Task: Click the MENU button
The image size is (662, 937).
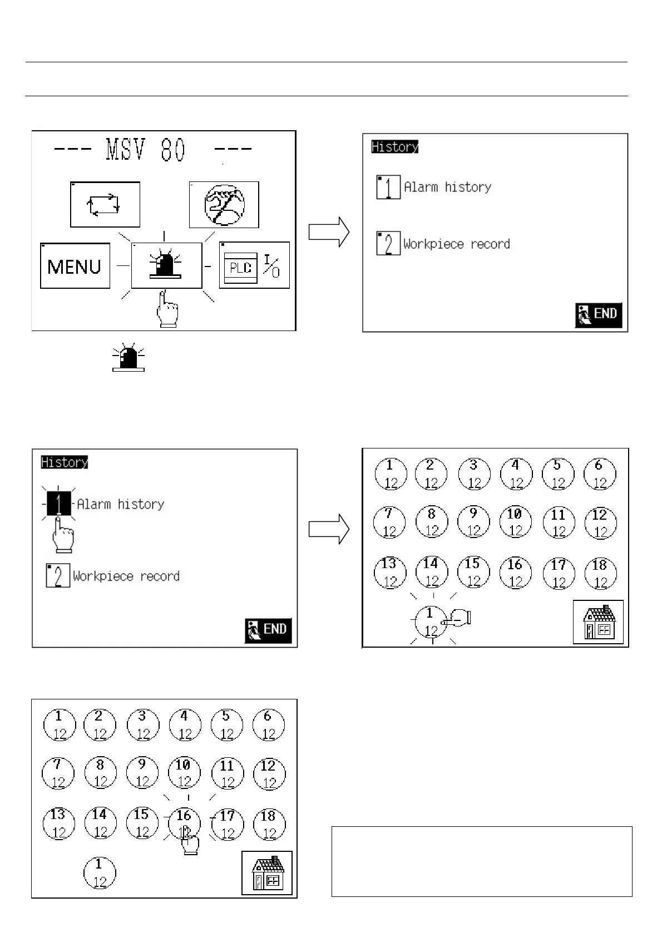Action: tap(75, 266)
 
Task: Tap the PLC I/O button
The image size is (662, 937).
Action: tap(254, 265)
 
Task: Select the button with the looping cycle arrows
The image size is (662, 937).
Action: tap(105, 204)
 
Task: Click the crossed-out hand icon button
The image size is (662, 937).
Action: tap(224, 204)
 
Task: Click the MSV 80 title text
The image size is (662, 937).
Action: tap(146, 150)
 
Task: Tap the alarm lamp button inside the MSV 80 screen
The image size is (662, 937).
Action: tap(166, 265)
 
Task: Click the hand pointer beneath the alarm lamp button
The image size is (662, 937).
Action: tap(167, 309)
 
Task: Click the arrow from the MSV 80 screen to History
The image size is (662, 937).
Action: tap(329, 231)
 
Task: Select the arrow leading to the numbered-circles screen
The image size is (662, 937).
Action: tap(329, 529)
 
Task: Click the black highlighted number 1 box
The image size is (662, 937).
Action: tap(58, 504)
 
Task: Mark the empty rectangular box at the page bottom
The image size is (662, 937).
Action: tap(482, 861)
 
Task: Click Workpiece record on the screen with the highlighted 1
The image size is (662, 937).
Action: tap(126, 576)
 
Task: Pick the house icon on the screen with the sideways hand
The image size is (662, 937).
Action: tap(598, 622)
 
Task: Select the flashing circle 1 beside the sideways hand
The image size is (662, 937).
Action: tap(430, 621)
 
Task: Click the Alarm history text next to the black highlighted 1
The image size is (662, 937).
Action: tap(121, 504)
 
